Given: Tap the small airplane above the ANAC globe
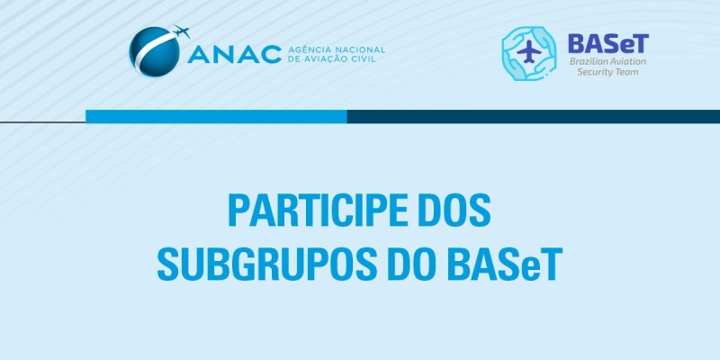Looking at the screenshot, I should coord(182,33).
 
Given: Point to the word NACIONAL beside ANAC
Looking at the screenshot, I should coord(362,49).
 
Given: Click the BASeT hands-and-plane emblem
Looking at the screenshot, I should coord(530,53).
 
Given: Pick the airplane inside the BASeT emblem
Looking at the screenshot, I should coord(530,53).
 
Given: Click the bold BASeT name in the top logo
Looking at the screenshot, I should coord(607,42).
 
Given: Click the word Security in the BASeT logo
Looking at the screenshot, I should coord(596,71).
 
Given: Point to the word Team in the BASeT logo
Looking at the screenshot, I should coord(627,71).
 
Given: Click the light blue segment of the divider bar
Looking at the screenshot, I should coord(216,116).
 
